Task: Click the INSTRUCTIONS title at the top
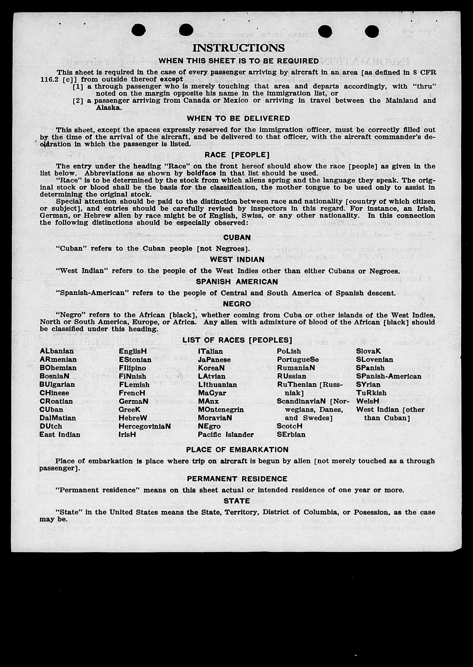click(238, 48)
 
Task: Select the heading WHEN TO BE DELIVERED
click(238, 119)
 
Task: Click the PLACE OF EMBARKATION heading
click(237, 450)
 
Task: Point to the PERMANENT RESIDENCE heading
click(237, 479)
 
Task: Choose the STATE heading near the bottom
click(237, 501)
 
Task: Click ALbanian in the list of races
click(57, 351)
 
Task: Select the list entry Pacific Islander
click(226, 435)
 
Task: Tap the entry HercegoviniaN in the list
click(144, 426)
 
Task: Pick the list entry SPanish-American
click(389, 376)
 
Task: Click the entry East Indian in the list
click(60, 435)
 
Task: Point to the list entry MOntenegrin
click(221, 409)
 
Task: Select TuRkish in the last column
click(371, 393)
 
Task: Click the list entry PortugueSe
click(298, 359)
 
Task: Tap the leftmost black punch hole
click(139, 30)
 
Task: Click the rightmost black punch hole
click(372, 31)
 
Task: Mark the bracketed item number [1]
click(78, 86)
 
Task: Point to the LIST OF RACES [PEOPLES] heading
click(237, 340)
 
